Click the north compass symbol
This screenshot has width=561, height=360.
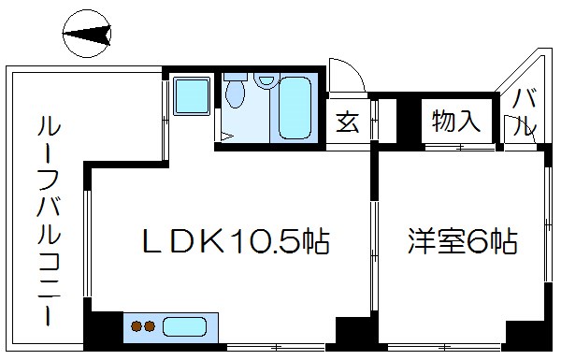(x=87, y=36)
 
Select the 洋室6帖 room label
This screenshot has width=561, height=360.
(x=463, y=242)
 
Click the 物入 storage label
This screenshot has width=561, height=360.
(x=455, y=120)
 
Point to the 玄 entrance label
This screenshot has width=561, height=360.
(x=347, y=122)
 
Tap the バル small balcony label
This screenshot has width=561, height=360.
(x=525, y=111)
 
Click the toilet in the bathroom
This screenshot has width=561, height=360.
(x=235, y=96)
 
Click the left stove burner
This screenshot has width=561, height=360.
(x=136, y=327)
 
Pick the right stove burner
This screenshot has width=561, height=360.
(x=149, y=327)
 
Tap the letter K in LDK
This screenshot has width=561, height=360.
(x=208, y=243)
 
